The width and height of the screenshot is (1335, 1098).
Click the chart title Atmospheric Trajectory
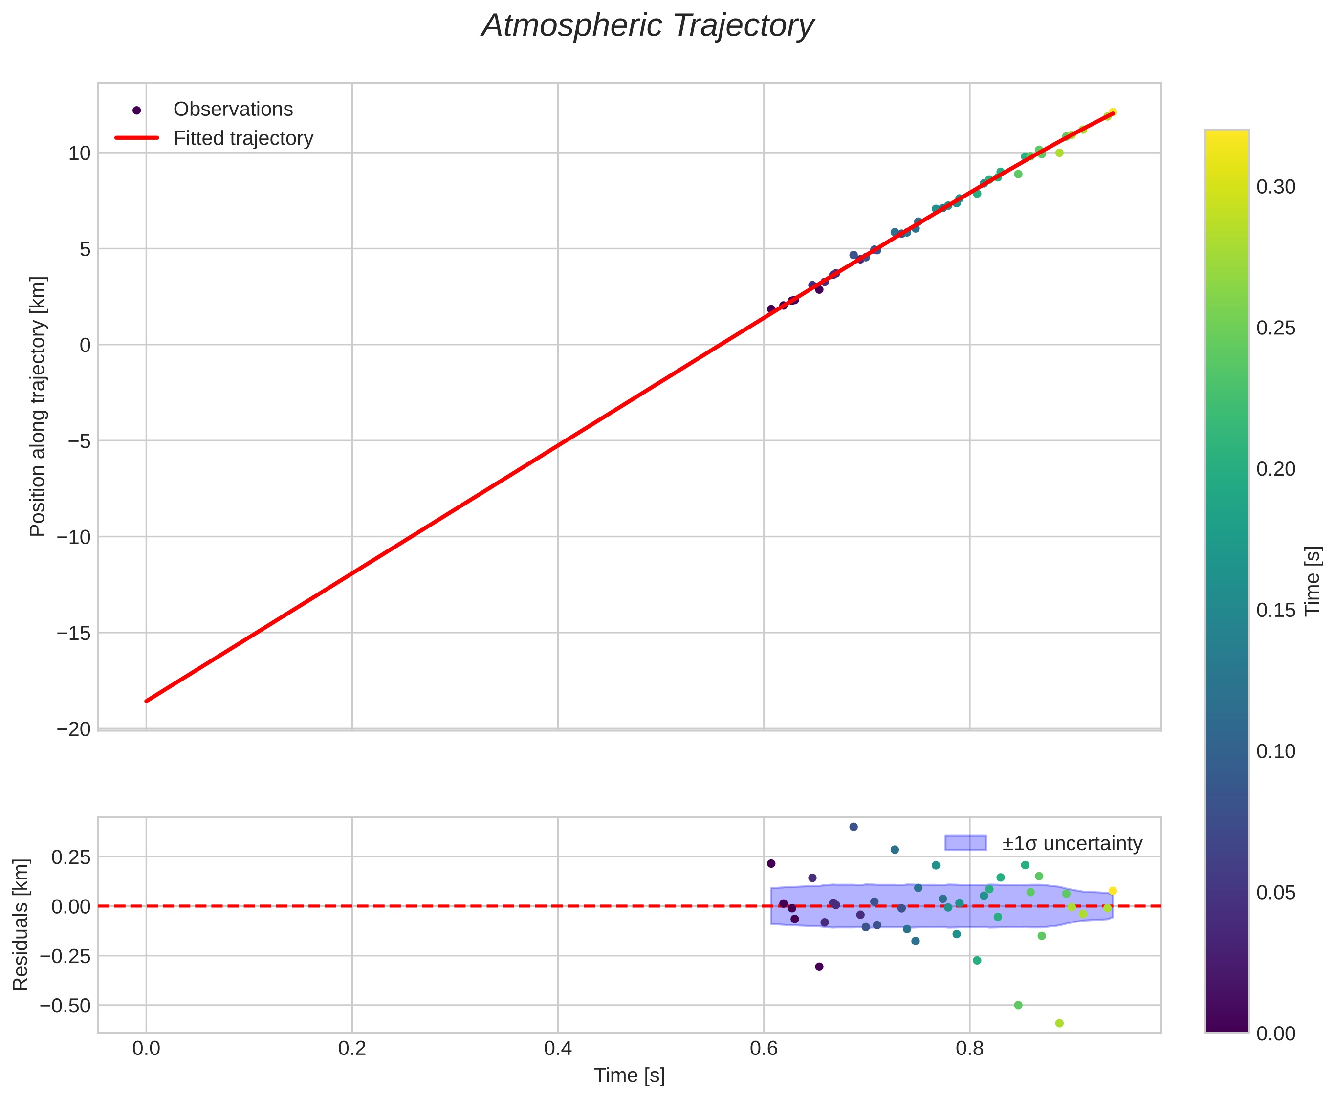tap(648, 26)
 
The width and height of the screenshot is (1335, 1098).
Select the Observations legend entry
tap(233, 110)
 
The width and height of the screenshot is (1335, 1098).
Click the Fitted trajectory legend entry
tap(243, 138)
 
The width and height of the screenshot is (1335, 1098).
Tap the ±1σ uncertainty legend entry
tap(1072, 844)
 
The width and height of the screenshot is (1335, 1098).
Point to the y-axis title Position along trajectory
tap(38, 406)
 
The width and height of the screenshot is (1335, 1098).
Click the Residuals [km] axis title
tap(21, 925)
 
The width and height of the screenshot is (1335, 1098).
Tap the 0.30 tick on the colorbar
tap(1275, 187)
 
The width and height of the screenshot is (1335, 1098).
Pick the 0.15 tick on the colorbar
tap(1275, 610)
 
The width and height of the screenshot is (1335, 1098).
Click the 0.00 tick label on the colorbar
tap(1275, 1033)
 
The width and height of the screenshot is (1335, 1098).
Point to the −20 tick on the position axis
tap(74, 729)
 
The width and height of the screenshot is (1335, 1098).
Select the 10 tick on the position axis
tap(80, 153)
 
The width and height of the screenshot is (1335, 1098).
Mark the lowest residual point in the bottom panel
tap(1059, 1023)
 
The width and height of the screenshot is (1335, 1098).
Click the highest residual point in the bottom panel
tap(853, 827)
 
